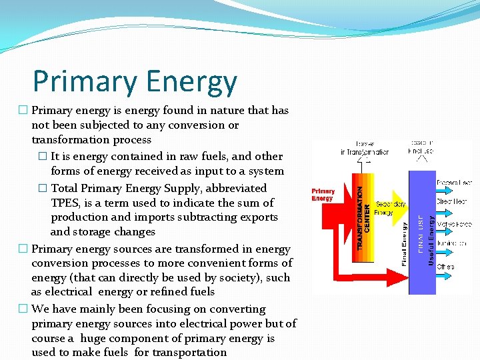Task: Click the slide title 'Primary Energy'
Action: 135,81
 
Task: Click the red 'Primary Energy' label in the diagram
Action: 323,195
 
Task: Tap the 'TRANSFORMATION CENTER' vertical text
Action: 363,209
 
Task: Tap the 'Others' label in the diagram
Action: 445,267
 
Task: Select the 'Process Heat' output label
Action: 455,183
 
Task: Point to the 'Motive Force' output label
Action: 455,225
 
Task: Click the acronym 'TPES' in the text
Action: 65,203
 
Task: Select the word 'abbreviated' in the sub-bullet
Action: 236,188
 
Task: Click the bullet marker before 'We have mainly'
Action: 23,309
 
